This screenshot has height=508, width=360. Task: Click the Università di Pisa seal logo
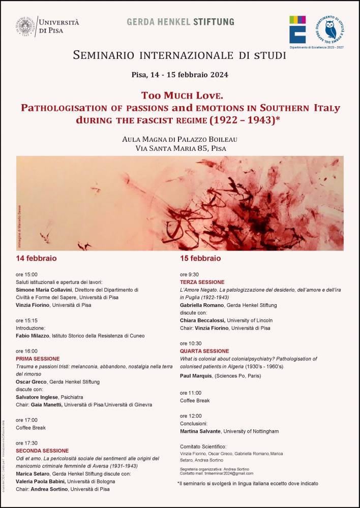[26, 26]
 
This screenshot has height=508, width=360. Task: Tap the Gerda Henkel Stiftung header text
[180, 22]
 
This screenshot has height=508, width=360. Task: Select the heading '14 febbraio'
[36, 258]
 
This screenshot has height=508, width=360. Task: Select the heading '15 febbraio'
[200, 258]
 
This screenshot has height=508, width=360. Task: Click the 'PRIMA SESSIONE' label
[38, 359]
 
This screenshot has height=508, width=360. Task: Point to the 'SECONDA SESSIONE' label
[42, 451]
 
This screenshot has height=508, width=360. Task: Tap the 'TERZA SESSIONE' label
[202, 282]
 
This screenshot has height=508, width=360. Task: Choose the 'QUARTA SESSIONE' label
[204, 351]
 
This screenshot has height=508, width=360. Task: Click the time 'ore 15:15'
[26, 321]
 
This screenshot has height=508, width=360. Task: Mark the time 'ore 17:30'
[26, 443]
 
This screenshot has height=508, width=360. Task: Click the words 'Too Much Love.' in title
[180, 96]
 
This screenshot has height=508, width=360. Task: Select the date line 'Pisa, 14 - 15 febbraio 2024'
[179, 75]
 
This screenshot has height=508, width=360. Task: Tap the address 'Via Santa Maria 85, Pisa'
[180, 148]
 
